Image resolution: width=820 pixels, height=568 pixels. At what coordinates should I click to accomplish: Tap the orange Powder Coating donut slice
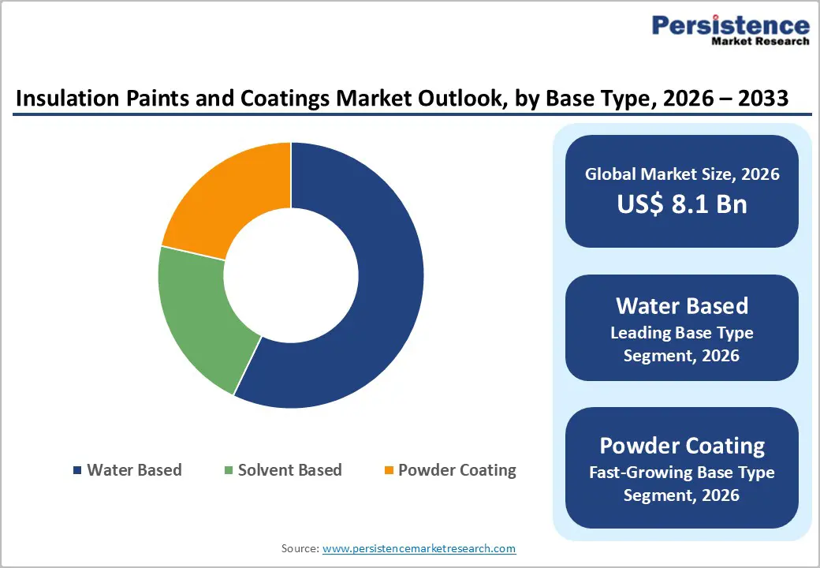click(x=229, y=197)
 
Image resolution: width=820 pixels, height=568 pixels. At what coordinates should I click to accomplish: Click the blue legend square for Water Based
click(x=76, y=471)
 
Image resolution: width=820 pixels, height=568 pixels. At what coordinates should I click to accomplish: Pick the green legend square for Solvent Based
click(x=229, y=471)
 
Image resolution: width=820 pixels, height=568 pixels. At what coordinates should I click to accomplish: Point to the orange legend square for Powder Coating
click(x=388, y=471)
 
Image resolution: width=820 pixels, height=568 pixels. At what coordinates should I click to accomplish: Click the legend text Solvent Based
click(x=289, y=470)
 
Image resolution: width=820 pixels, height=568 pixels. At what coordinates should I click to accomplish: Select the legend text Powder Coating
click(x=457, y=470)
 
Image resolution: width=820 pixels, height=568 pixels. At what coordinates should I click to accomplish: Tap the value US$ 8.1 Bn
click(x=682, y=204)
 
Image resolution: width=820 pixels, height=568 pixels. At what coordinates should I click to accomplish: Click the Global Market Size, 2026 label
click(x=682, y=174)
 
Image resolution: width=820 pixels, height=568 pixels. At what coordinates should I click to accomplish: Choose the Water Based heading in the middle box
click(x=682, y=305)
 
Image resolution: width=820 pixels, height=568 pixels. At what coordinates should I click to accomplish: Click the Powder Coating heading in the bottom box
click(x=682, y=446)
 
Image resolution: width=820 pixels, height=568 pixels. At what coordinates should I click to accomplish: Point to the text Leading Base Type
click(x=682, y=332)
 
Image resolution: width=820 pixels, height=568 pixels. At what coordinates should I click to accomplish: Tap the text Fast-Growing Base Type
click(x=682, y=473)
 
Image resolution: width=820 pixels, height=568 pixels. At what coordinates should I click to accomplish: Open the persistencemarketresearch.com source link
click(x=419, y=548)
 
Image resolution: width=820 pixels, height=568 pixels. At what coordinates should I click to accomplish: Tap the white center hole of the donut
click(x=291, y=275)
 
